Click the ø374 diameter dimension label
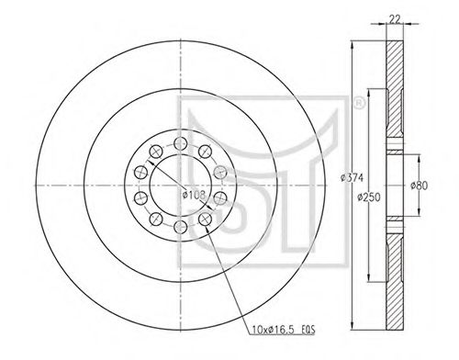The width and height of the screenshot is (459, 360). pos(353,177)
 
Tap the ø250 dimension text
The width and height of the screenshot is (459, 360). pos(369,197)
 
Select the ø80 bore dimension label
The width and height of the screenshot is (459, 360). pos(419,186)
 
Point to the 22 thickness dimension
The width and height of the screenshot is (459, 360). pos(395,19)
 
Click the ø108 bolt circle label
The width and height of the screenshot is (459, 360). pos(194,195)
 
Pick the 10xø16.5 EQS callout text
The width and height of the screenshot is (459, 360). pos(283,330)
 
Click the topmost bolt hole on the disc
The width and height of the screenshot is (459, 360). pos(181,143)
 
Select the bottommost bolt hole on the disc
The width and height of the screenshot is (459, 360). pos(181,227)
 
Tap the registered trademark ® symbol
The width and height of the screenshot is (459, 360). pos(359,103)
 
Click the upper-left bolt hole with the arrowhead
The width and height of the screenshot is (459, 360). pos(156,152)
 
